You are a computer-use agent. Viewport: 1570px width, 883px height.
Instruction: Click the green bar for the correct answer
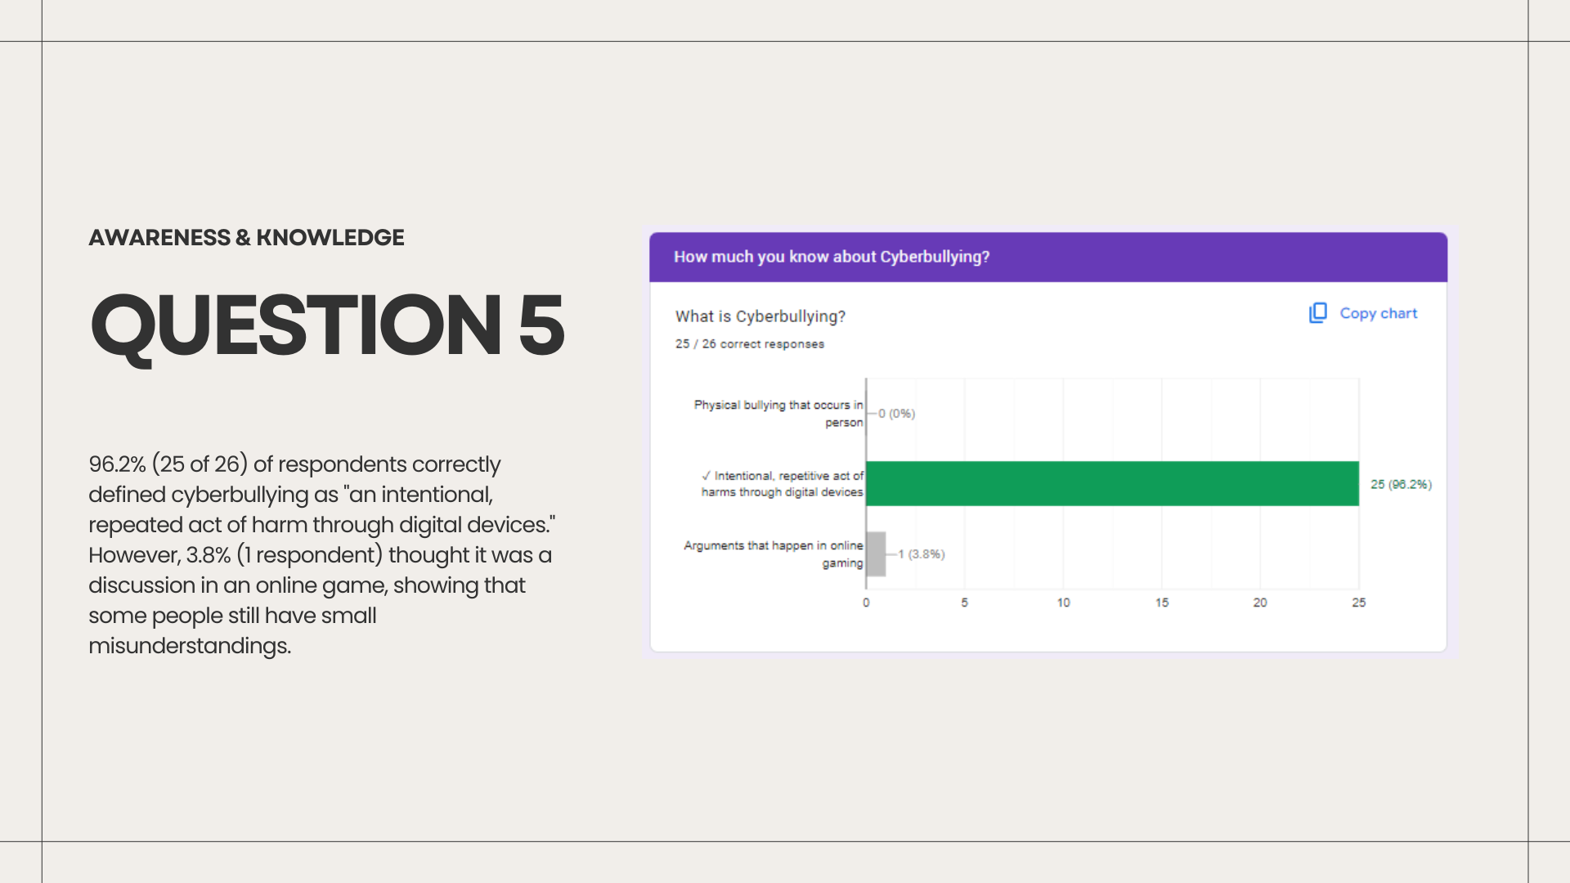[1112, 483]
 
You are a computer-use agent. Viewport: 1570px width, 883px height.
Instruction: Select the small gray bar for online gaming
[876, 554]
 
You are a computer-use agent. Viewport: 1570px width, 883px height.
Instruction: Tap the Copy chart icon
[1318, 313]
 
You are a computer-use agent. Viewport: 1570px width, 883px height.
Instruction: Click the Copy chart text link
[1378, 313]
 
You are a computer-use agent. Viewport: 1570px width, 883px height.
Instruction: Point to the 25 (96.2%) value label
[1401, 484]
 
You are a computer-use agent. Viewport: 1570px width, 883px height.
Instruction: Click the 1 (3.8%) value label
[922, 554]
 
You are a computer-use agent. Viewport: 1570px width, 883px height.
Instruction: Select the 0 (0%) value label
[896, 414]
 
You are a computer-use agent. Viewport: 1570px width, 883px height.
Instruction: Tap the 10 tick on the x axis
[1063, 603]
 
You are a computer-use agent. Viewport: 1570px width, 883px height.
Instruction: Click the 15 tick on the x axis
[1162, 603]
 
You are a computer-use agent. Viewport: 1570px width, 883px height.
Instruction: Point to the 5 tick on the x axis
[965, 603]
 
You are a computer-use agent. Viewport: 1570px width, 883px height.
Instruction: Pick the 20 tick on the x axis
[1260, 603]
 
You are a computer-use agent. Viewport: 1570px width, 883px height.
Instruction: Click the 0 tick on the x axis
[866, 603]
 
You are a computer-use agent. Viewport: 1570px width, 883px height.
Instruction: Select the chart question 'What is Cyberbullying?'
[760, 316]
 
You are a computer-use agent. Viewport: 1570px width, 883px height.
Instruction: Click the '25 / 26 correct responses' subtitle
[750, 344]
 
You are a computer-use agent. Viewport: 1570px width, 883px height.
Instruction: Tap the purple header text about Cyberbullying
[832, 257]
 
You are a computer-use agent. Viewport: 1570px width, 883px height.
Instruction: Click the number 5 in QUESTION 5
[541, 325]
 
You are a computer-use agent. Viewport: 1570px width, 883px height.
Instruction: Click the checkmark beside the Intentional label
[706, 475]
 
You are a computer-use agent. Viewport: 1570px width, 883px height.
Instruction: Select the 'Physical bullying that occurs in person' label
[778, 414]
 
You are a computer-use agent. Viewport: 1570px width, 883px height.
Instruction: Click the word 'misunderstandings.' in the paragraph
[190, 646]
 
